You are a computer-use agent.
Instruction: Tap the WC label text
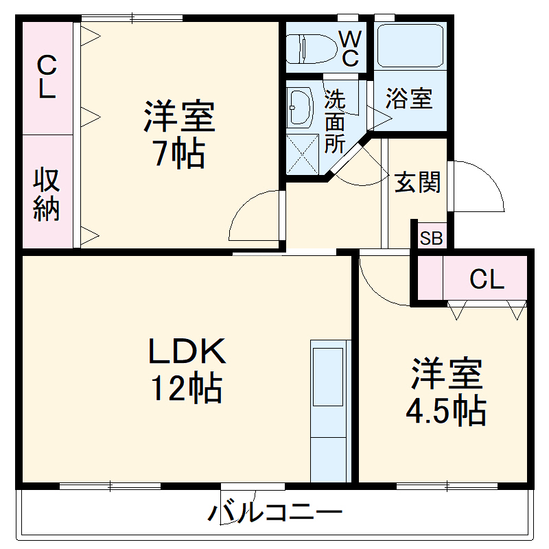pyautogui.click(x=350, y=48)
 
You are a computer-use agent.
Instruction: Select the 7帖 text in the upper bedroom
pyautogui.click(x=178, y=154)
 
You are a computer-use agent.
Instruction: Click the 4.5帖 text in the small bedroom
pyautogui.click(x=446, y=410)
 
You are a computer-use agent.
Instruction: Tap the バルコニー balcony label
pyautogui.click(x=274, y=513)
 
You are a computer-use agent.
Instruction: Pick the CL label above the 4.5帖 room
pyautogui.click(x=487, y=279)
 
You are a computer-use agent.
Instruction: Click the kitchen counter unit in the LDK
pyautogui.click(x=328, y=412)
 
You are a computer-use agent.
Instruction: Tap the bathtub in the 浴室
pyautogui.click(x=410, y=45)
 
